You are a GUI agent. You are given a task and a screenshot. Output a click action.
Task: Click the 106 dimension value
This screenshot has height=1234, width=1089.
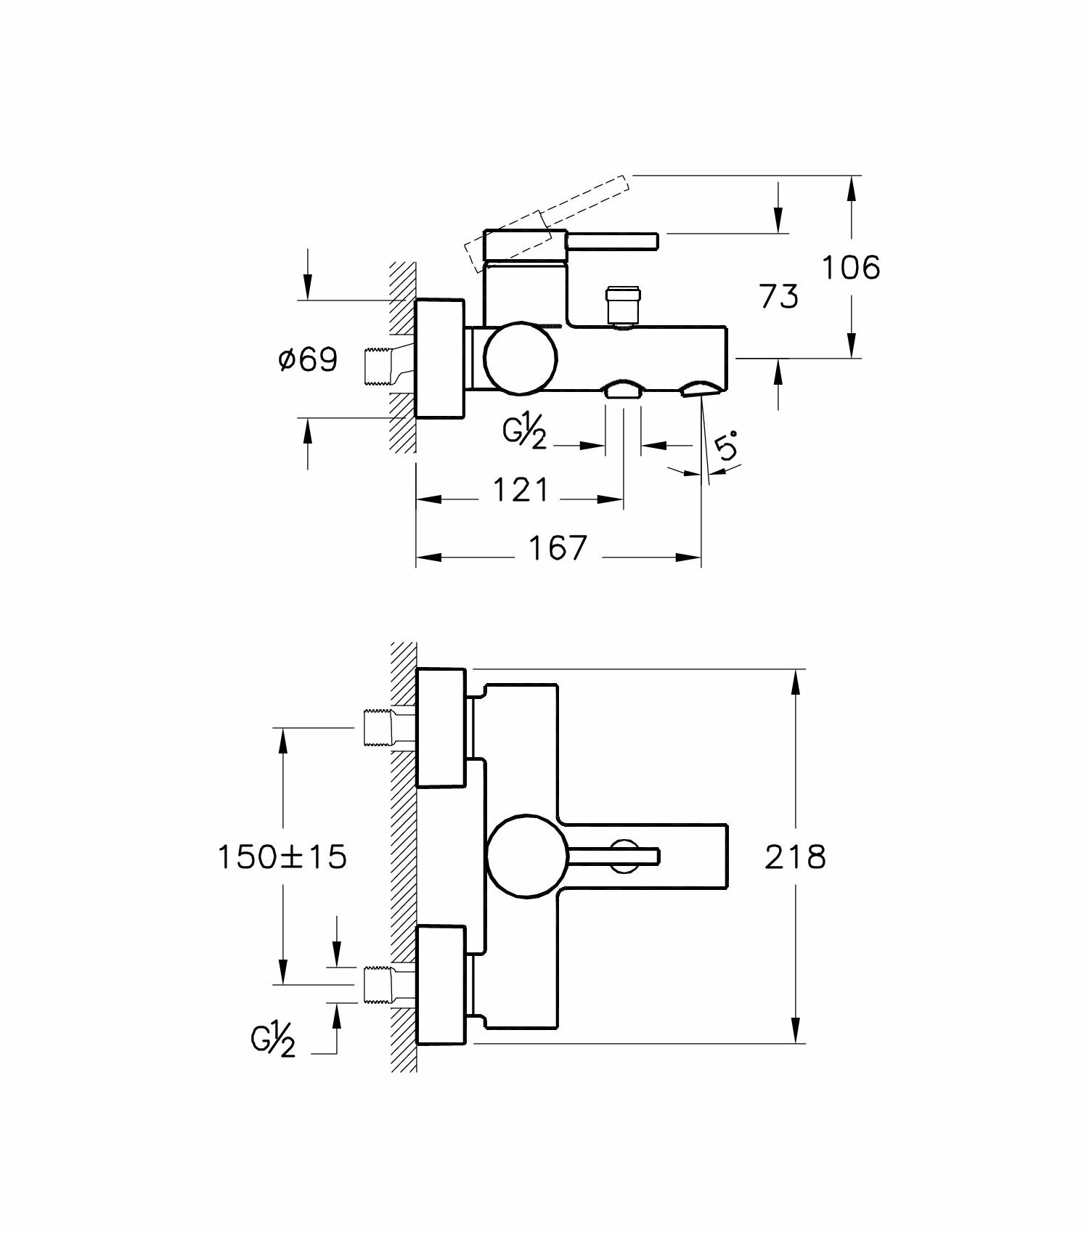coord(851,268)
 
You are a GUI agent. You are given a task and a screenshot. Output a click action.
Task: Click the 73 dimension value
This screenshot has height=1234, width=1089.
coord(778,297)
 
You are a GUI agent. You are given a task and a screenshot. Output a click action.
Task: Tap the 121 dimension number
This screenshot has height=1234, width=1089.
coord(521,491)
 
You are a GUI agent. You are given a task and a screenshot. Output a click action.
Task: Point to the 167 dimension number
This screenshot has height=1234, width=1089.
coord(556,549)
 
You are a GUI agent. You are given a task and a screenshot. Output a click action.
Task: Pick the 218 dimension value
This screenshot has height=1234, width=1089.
coord(795,857)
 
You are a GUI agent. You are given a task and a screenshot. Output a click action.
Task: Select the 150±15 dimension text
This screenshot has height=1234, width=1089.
coord(283,857)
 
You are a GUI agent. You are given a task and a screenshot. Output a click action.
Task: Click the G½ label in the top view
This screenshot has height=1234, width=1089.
coord(524,435)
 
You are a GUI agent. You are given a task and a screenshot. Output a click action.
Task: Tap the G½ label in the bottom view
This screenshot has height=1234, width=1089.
coord(274,1042)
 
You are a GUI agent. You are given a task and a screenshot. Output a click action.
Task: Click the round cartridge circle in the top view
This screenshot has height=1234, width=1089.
coord(521,358)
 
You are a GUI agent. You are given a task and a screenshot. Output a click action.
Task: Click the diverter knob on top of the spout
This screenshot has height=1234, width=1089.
coord(623,305)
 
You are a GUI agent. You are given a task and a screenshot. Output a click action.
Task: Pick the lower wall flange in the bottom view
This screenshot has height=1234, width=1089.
coord(440,985)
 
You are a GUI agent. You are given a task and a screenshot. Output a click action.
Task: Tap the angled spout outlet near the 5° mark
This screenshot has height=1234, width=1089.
coord(698,391)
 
